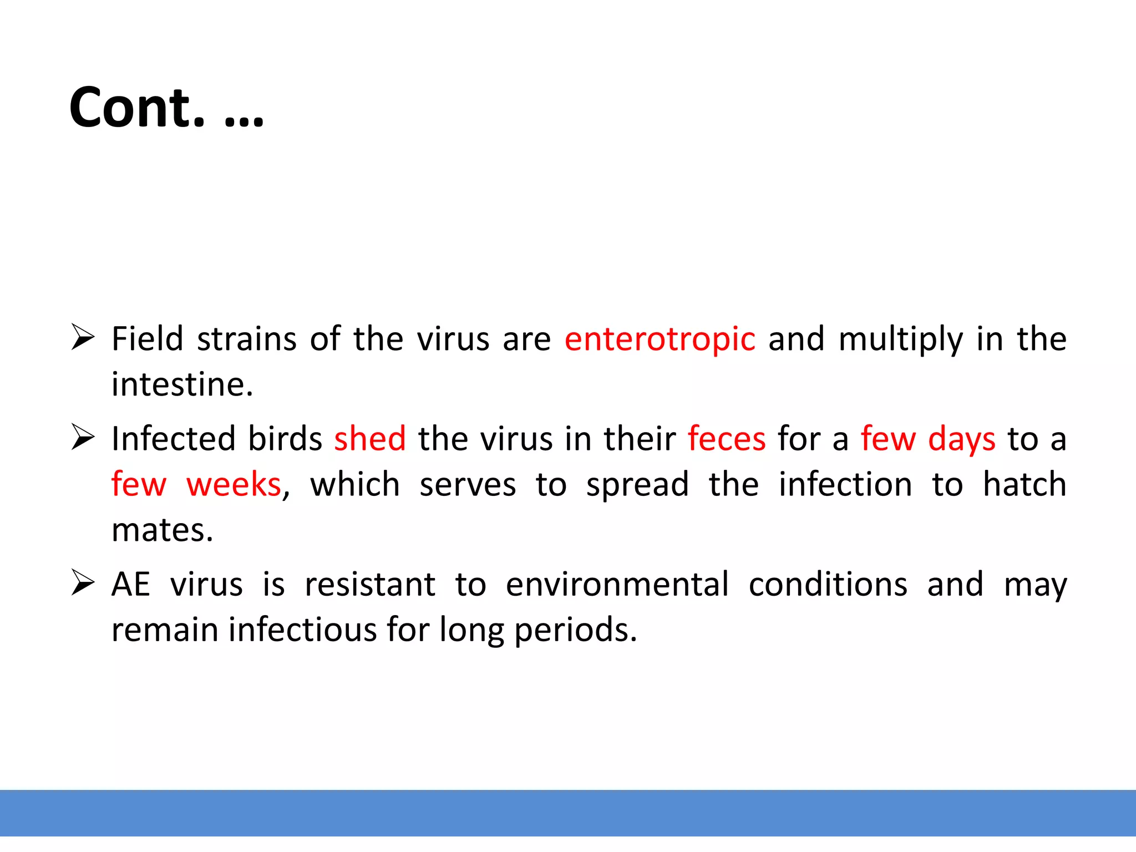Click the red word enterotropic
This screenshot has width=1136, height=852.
660,339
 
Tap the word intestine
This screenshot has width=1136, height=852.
182,384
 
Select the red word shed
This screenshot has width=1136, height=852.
369,439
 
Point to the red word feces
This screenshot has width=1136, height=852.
727,439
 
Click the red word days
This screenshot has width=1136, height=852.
961,440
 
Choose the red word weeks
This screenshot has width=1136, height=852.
234,484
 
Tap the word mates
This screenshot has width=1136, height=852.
162,530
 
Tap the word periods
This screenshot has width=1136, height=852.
575,631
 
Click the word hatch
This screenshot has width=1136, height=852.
1024,484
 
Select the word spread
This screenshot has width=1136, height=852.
637,485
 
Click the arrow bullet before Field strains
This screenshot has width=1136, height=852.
83,338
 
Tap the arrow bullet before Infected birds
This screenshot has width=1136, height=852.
83,438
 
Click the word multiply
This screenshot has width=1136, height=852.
900,340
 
